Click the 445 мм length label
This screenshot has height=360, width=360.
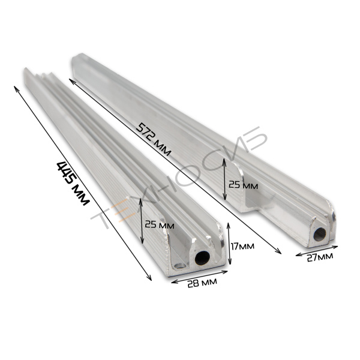73,183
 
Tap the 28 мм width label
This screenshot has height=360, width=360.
202,283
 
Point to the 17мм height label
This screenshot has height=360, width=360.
242,247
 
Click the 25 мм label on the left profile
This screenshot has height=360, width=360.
160,225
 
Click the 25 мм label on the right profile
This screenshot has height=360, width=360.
243,185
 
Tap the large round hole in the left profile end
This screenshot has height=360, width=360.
202,258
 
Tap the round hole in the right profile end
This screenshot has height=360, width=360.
320,235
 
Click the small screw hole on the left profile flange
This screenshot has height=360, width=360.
180,266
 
